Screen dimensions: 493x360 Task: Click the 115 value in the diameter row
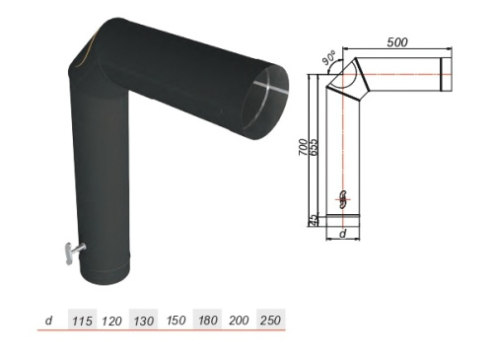(x=82, y=321)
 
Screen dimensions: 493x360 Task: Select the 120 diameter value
(x=111, y=321)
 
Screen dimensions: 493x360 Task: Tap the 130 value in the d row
(x=144, y=321)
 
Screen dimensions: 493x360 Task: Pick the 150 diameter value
(x=176, y=321)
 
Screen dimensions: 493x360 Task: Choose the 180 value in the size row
(x=208, y=321)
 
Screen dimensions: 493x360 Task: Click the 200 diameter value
(x=239, y=321)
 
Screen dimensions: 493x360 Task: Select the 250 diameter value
(x=270, y=321)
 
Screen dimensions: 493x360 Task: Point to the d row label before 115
(x=49, y=320)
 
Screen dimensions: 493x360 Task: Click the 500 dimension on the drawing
(x=397, y=42)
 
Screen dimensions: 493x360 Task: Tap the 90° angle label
(x=328, y=57)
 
